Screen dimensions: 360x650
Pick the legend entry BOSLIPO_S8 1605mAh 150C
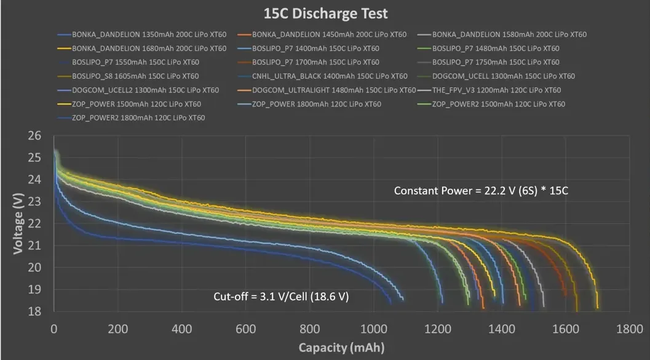[x=135, y=76]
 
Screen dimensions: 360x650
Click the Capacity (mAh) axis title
[x=342, y=348]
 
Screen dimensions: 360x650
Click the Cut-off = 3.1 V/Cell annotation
[x=281, y=297]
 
